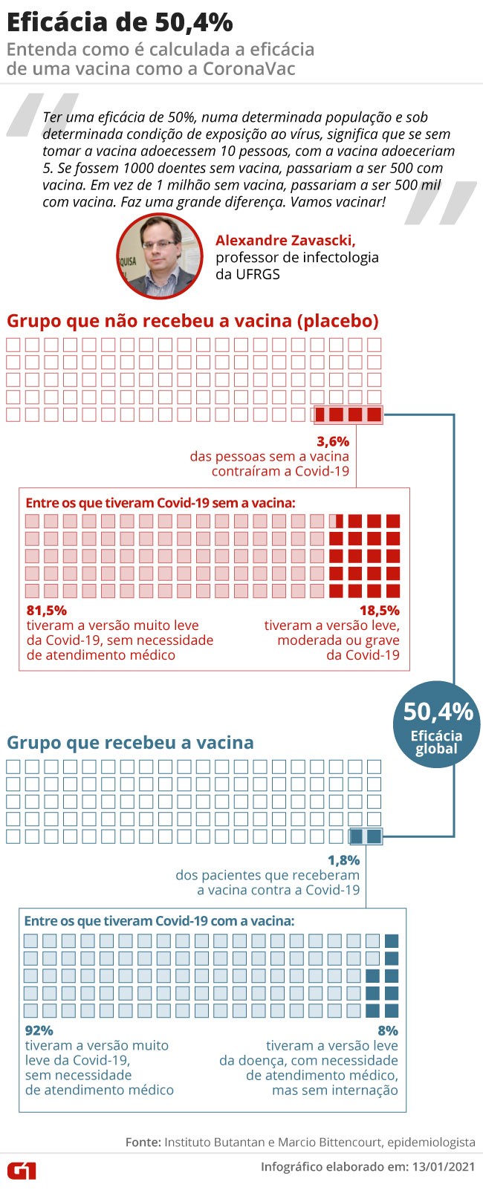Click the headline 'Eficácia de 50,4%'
click(120, 22)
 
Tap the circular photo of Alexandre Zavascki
click(160, 256)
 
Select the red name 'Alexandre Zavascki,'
click(285, 240)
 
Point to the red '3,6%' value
click(333, 441)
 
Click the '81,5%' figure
click(46, 611)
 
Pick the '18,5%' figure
click(380, 611)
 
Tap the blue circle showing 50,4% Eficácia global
click(437, 724)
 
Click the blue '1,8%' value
click(343, 860)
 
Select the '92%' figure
click(39, 1030)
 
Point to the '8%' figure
click(388, 1030)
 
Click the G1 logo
click(22, 1171)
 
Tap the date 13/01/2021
click(443, 1167)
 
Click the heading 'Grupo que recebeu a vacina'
click(130, 742)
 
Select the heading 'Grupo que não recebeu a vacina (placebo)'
click(192, 321)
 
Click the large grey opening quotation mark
click(42, 114)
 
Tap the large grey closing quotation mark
click(441, 203)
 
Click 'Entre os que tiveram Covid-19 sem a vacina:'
click(161, 503)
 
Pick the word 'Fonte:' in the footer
click(143, 1142)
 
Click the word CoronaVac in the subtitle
click(249, 69)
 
